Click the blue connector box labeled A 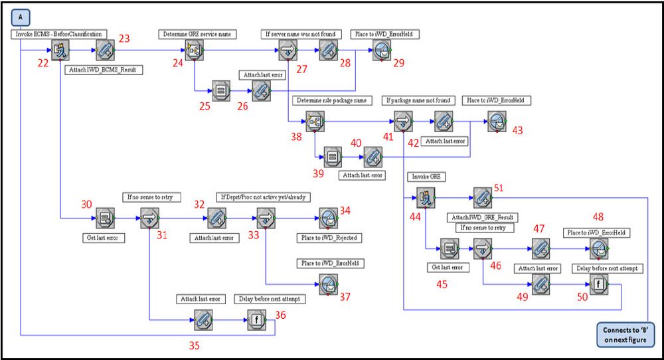coord(21,18)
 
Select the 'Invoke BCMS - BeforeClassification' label coord(58,35)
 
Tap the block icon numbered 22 coord(60,50)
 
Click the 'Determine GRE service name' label coord(197,35)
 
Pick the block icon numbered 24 coord(195,50)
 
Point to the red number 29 coord(399,63)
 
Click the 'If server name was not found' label coord(300,35)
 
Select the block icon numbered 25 coord(221,90)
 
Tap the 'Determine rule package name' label coord(331,100)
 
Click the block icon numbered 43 coord(497,122)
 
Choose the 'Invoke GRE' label coord(426,177)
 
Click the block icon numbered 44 coord(426,198)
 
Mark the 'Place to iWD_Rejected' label coord(329,238)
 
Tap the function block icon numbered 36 coord(256,319)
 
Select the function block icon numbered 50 coord(599,284)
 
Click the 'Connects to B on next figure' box coord(625,335)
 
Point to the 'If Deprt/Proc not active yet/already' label coord(264,197)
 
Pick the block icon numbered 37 coord(329,284)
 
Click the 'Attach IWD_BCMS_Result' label coord(103,70)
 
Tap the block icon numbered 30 coord(105,218)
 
